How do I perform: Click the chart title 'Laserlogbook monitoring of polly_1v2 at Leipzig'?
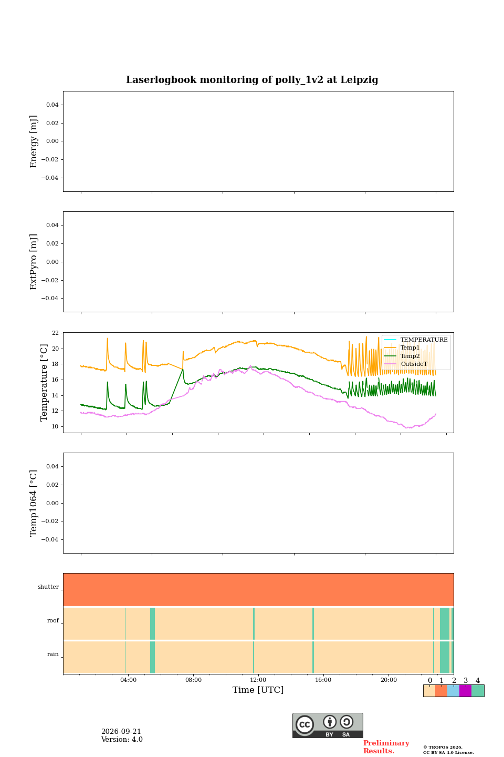coord(252,80)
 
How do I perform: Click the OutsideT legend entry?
coord(405,364)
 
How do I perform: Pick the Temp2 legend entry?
coord(402,356)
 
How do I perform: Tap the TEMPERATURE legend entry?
coord(416,340)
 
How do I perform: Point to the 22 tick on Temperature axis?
coord(55,333)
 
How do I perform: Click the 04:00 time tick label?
coord(128,680)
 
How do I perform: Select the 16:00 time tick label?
coord(323,680)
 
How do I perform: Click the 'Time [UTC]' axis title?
coord(258,690)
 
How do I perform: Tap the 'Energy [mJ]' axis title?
coord(33,141)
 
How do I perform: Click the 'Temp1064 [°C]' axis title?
coord(33,503)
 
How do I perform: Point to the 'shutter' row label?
coord(48,587)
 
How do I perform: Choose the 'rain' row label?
coord(53,654)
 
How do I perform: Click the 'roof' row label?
coord(53,620)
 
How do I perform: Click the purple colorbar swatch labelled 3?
coord(465,691)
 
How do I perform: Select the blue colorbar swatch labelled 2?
coord(454,691)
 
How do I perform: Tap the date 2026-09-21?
coord(121,732)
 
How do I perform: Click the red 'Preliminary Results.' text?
coord(386,747)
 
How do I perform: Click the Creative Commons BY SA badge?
coord(328,725)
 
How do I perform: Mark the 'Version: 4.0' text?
coord(122,740)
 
